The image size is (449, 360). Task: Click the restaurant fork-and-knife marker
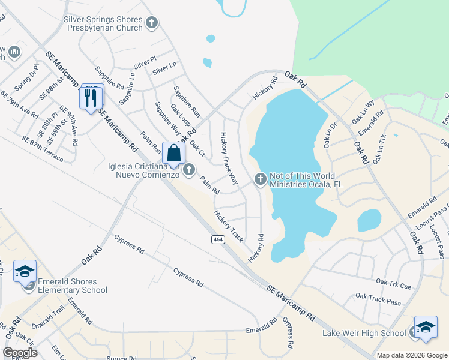pyautogui.click(x=91, y=97)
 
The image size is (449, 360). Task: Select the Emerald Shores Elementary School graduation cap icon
pyautogui.click(x=25, y=272)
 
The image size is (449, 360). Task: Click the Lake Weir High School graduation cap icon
pyautogui.click(x=425, y=327)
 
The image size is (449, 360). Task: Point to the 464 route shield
pyautogui.click(x=218, y=239)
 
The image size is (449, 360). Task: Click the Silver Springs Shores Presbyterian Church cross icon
pyautogui.click(x=152, y=23)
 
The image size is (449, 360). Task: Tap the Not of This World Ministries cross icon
pyautogui.click(x=261, y=178)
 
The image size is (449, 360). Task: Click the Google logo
pyautogui.click(x=20, y=353)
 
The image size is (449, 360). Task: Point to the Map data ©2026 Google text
pyautogui.click(x=412, y=355)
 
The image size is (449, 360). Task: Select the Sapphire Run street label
pyautogui.click(x=187, y=101)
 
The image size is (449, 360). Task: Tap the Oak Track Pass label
pyautogui.click(x=378, y=298)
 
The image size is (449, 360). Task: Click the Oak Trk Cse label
pyautogui.click(x=394, y=283)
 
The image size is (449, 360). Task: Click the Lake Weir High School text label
pyautogui.click(x=364, y=334)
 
